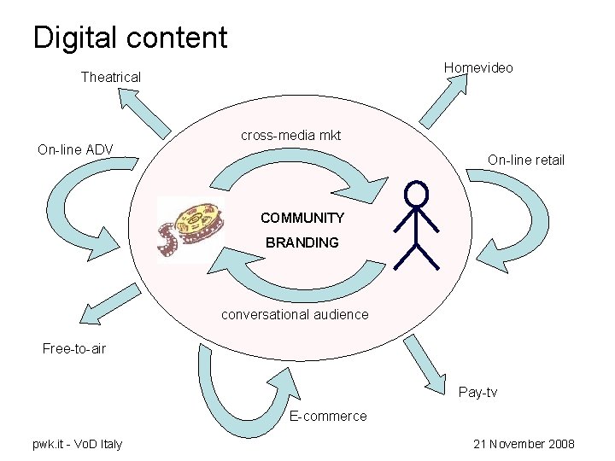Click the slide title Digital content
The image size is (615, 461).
tap(130, 37)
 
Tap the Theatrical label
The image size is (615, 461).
tap(110, 78)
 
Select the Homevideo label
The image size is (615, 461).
tap(478, 67)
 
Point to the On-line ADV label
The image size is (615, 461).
tap(75, 150)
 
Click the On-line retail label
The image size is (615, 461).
tap(525, 160)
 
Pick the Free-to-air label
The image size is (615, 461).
tap(74, 348)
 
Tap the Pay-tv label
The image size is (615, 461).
tap(477, 393)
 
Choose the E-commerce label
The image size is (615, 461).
tap(328, 417)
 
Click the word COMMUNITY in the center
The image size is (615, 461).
tap(302, 218)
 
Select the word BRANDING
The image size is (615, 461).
tap(302, 242)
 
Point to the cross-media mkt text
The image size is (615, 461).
tap(290, 136)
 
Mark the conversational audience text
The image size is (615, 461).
tap(295, 314)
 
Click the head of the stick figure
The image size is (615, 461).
tap(416, 193)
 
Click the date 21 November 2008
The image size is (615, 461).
tap(524, 444)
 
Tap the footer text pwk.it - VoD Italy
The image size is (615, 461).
tap(77, 444)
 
